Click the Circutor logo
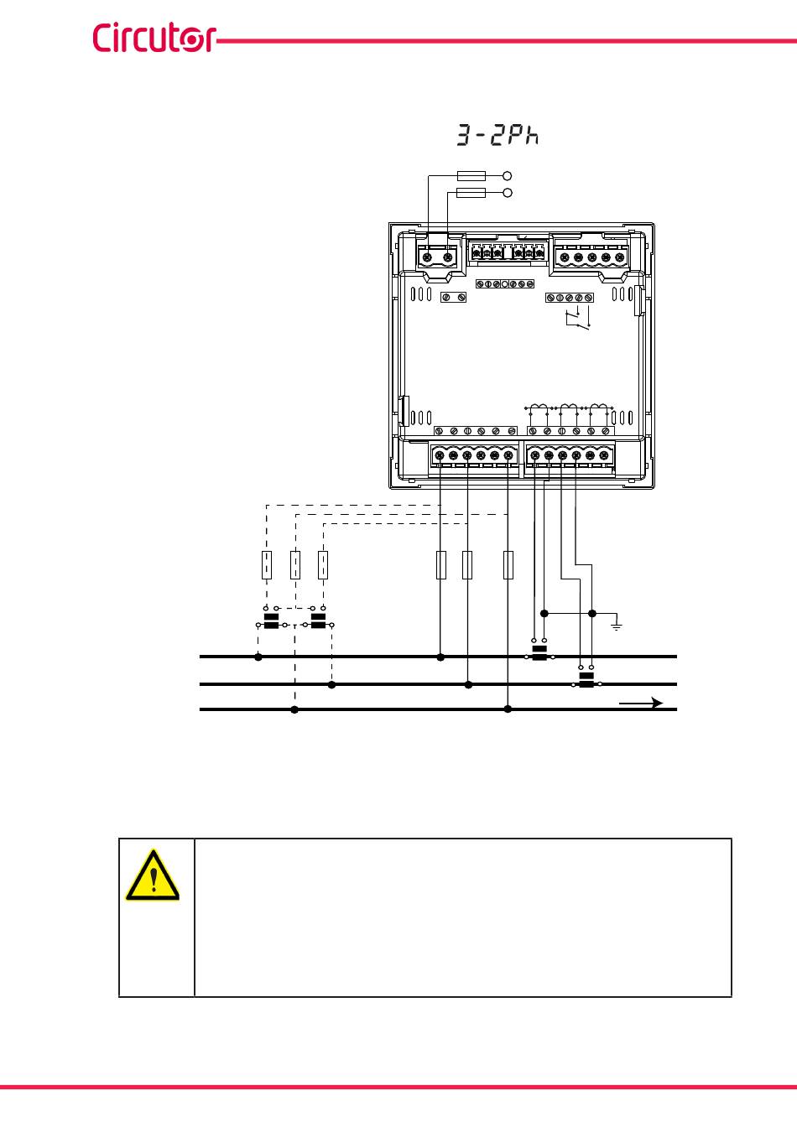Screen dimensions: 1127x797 point(154,38)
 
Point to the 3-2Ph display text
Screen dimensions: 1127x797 point(497,136)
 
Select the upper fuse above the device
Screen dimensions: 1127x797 point(471,176)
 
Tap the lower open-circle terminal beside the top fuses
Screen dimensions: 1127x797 point(507,194)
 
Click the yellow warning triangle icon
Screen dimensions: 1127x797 point(152,875)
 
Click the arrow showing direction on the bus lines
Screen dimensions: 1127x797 point(642,703)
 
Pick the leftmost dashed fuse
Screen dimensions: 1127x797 point(266,565)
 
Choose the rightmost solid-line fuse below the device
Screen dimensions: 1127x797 point(508,565)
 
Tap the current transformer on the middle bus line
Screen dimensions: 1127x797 point(586,682)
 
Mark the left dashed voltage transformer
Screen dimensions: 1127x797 point(271,621)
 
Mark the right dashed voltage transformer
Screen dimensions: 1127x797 point(318,621)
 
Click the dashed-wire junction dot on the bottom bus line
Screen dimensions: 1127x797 point(294,710)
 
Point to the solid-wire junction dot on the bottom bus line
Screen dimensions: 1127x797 point(508,710)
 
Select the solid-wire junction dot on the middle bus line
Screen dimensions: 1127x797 point(468,685)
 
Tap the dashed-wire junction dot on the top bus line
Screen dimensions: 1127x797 point(258,657)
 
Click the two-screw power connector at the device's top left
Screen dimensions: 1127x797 point(437,257)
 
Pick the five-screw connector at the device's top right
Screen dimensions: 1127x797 point(591,257)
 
